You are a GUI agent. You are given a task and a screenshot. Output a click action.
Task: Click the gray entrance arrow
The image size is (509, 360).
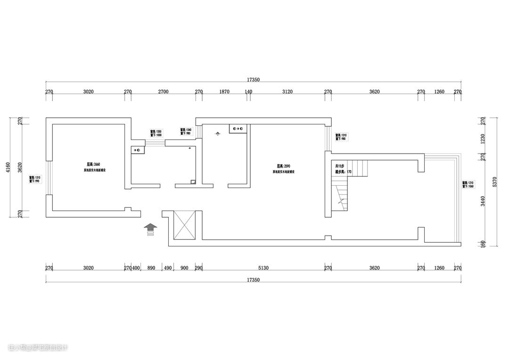[x=151, y=228]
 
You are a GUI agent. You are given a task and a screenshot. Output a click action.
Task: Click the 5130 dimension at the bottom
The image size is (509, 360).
[x=263, y=268]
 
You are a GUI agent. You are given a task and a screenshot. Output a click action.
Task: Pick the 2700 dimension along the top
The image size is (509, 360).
[x=163, y=92]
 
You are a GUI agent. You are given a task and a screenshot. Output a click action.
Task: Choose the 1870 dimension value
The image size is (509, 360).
[x=224, y=92]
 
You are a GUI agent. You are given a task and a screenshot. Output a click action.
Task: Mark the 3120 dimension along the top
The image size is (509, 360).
[x=287, y=92]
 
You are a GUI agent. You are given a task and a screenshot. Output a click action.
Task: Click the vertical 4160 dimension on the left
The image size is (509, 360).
[x=8, y=167]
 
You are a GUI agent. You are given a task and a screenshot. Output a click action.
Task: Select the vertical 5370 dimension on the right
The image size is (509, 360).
[x=495, y=182]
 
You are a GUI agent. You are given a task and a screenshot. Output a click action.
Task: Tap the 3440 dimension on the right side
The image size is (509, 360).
[x=482, y=202]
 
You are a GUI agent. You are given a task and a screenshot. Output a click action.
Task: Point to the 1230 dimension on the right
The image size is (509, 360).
[x=482, y=139]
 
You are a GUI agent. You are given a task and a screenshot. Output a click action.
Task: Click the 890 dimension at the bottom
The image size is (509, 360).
[x=151, y=268]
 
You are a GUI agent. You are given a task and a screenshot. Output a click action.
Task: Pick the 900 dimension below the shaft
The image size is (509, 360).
[x=184, y=268]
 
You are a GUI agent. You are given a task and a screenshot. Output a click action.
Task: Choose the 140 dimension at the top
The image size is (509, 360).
[x=248, y=92]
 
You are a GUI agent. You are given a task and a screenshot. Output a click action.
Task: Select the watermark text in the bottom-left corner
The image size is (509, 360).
[x=38, y=348]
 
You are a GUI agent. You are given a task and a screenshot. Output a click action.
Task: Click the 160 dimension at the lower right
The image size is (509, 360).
[x=482, y=244]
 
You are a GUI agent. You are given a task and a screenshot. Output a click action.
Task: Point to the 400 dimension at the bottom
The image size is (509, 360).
[x=136, y=268]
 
